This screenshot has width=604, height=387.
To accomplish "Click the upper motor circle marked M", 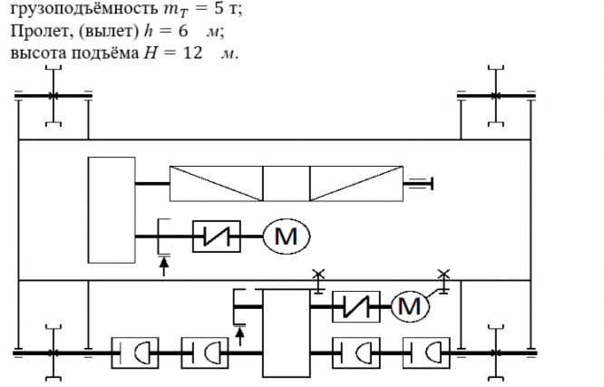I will click(287, 237).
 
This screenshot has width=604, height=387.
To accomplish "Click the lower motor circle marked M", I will click(411, 306).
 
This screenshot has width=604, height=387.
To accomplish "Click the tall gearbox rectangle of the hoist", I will click(111, 208).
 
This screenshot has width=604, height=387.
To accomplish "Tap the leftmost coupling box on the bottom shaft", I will click(133, 353).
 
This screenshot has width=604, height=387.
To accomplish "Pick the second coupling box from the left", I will click(202, 353).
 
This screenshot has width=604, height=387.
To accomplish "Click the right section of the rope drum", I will click(357, 185).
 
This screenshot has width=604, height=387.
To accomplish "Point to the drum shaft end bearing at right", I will click(419, 185).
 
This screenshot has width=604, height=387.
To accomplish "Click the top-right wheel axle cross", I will click(495, 95).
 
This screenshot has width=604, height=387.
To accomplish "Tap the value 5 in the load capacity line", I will click(214, 12).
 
